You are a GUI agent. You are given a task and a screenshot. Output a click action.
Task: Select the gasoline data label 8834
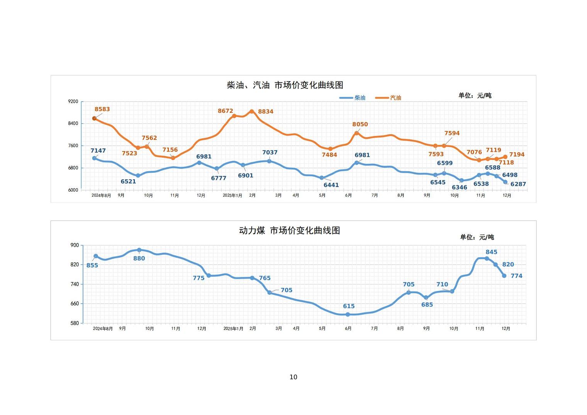tap(266, 112)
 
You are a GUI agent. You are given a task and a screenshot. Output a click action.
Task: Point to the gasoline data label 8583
tap(102, 109)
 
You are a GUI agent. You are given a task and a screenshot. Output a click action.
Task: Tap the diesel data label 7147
tap(98, 151)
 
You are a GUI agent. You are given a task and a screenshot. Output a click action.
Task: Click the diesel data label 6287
tap(518, 184)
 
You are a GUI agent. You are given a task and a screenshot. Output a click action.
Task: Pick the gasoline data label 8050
tap(360, 124)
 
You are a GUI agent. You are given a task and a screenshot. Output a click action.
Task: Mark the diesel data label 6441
tap(331, 185)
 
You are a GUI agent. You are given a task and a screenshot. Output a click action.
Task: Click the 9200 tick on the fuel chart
tap(73, 102)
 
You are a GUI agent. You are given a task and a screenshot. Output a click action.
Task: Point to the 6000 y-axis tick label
tap(73, 190)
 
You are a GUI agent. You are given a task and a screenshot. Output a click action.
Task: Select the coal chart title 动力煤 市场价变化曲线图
tap(289, 231)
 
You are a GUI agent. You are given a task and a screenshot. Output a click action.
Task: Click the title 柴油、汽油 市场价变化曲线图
tap(285, 85)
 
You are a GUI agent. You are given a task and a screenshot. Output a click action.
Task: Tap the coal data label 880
tap(139, 259)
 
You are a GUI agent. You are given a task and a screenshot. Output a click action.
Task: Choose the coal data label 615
tap(349, 306)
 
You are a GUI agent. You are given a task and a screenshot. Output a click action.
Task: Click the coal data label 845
tap(491, 252)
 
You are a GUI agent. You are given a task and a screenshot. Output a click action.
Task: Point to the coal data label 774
tap(516, 276)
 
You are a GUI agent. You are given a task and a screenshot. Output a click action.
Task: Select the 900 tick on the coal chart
tap(75, 245)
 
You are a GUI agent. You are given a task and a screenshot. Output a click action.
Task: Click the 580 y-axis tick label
tap(75, 323)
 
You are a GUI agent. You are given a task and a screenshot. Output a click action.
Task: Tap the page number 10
tap(293, 377)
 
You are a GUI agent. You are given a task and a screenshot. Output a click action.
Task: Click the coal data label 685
tap(427, 305)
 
